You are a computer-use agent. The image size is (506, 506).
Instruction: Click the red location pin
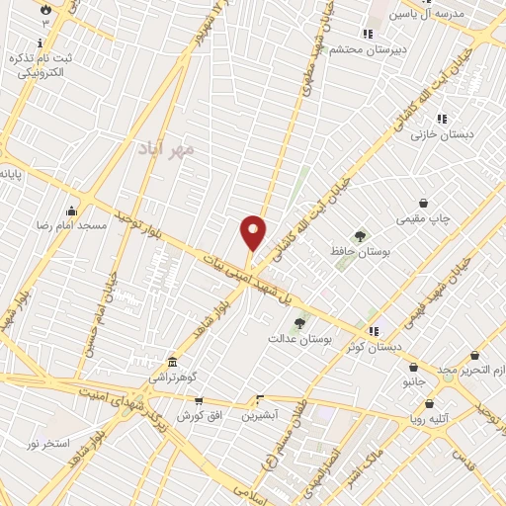click(x=253, y=233)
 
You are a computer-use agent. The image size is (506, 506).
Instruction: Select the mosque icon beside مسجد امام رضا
click(x=71, y=210)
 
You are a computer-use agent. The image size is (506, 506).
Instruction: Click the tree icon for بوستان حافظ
click(x=360, y=236)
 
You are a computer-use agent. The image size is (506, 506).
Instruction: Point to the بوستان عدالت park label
click(x=299, y=338)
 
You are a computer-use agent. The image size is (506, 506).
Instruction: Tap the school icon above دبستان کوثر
click(x=373, y=331)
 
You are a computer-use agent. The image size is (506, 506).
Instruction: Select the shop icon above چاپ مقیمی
click(x=423, y=203)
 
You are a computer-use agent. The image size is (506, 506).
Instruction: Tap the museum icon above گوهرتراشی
click(x=173, y=362)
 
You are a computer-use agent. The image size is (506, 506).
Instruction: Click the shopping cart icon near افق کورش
click(x=199, y=401)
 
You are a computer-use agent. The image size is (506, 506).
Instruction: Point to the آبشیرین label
click(x=261, y=415)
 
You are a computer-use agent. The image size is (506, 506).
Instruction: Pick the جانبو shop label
click(x=412, y=380)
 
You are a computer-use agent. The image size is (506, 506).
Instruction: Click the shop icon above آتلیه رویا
click(x=429, y=403)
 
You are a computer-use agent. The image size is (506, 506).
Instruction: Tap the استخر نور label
click(x=47, y=444)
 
